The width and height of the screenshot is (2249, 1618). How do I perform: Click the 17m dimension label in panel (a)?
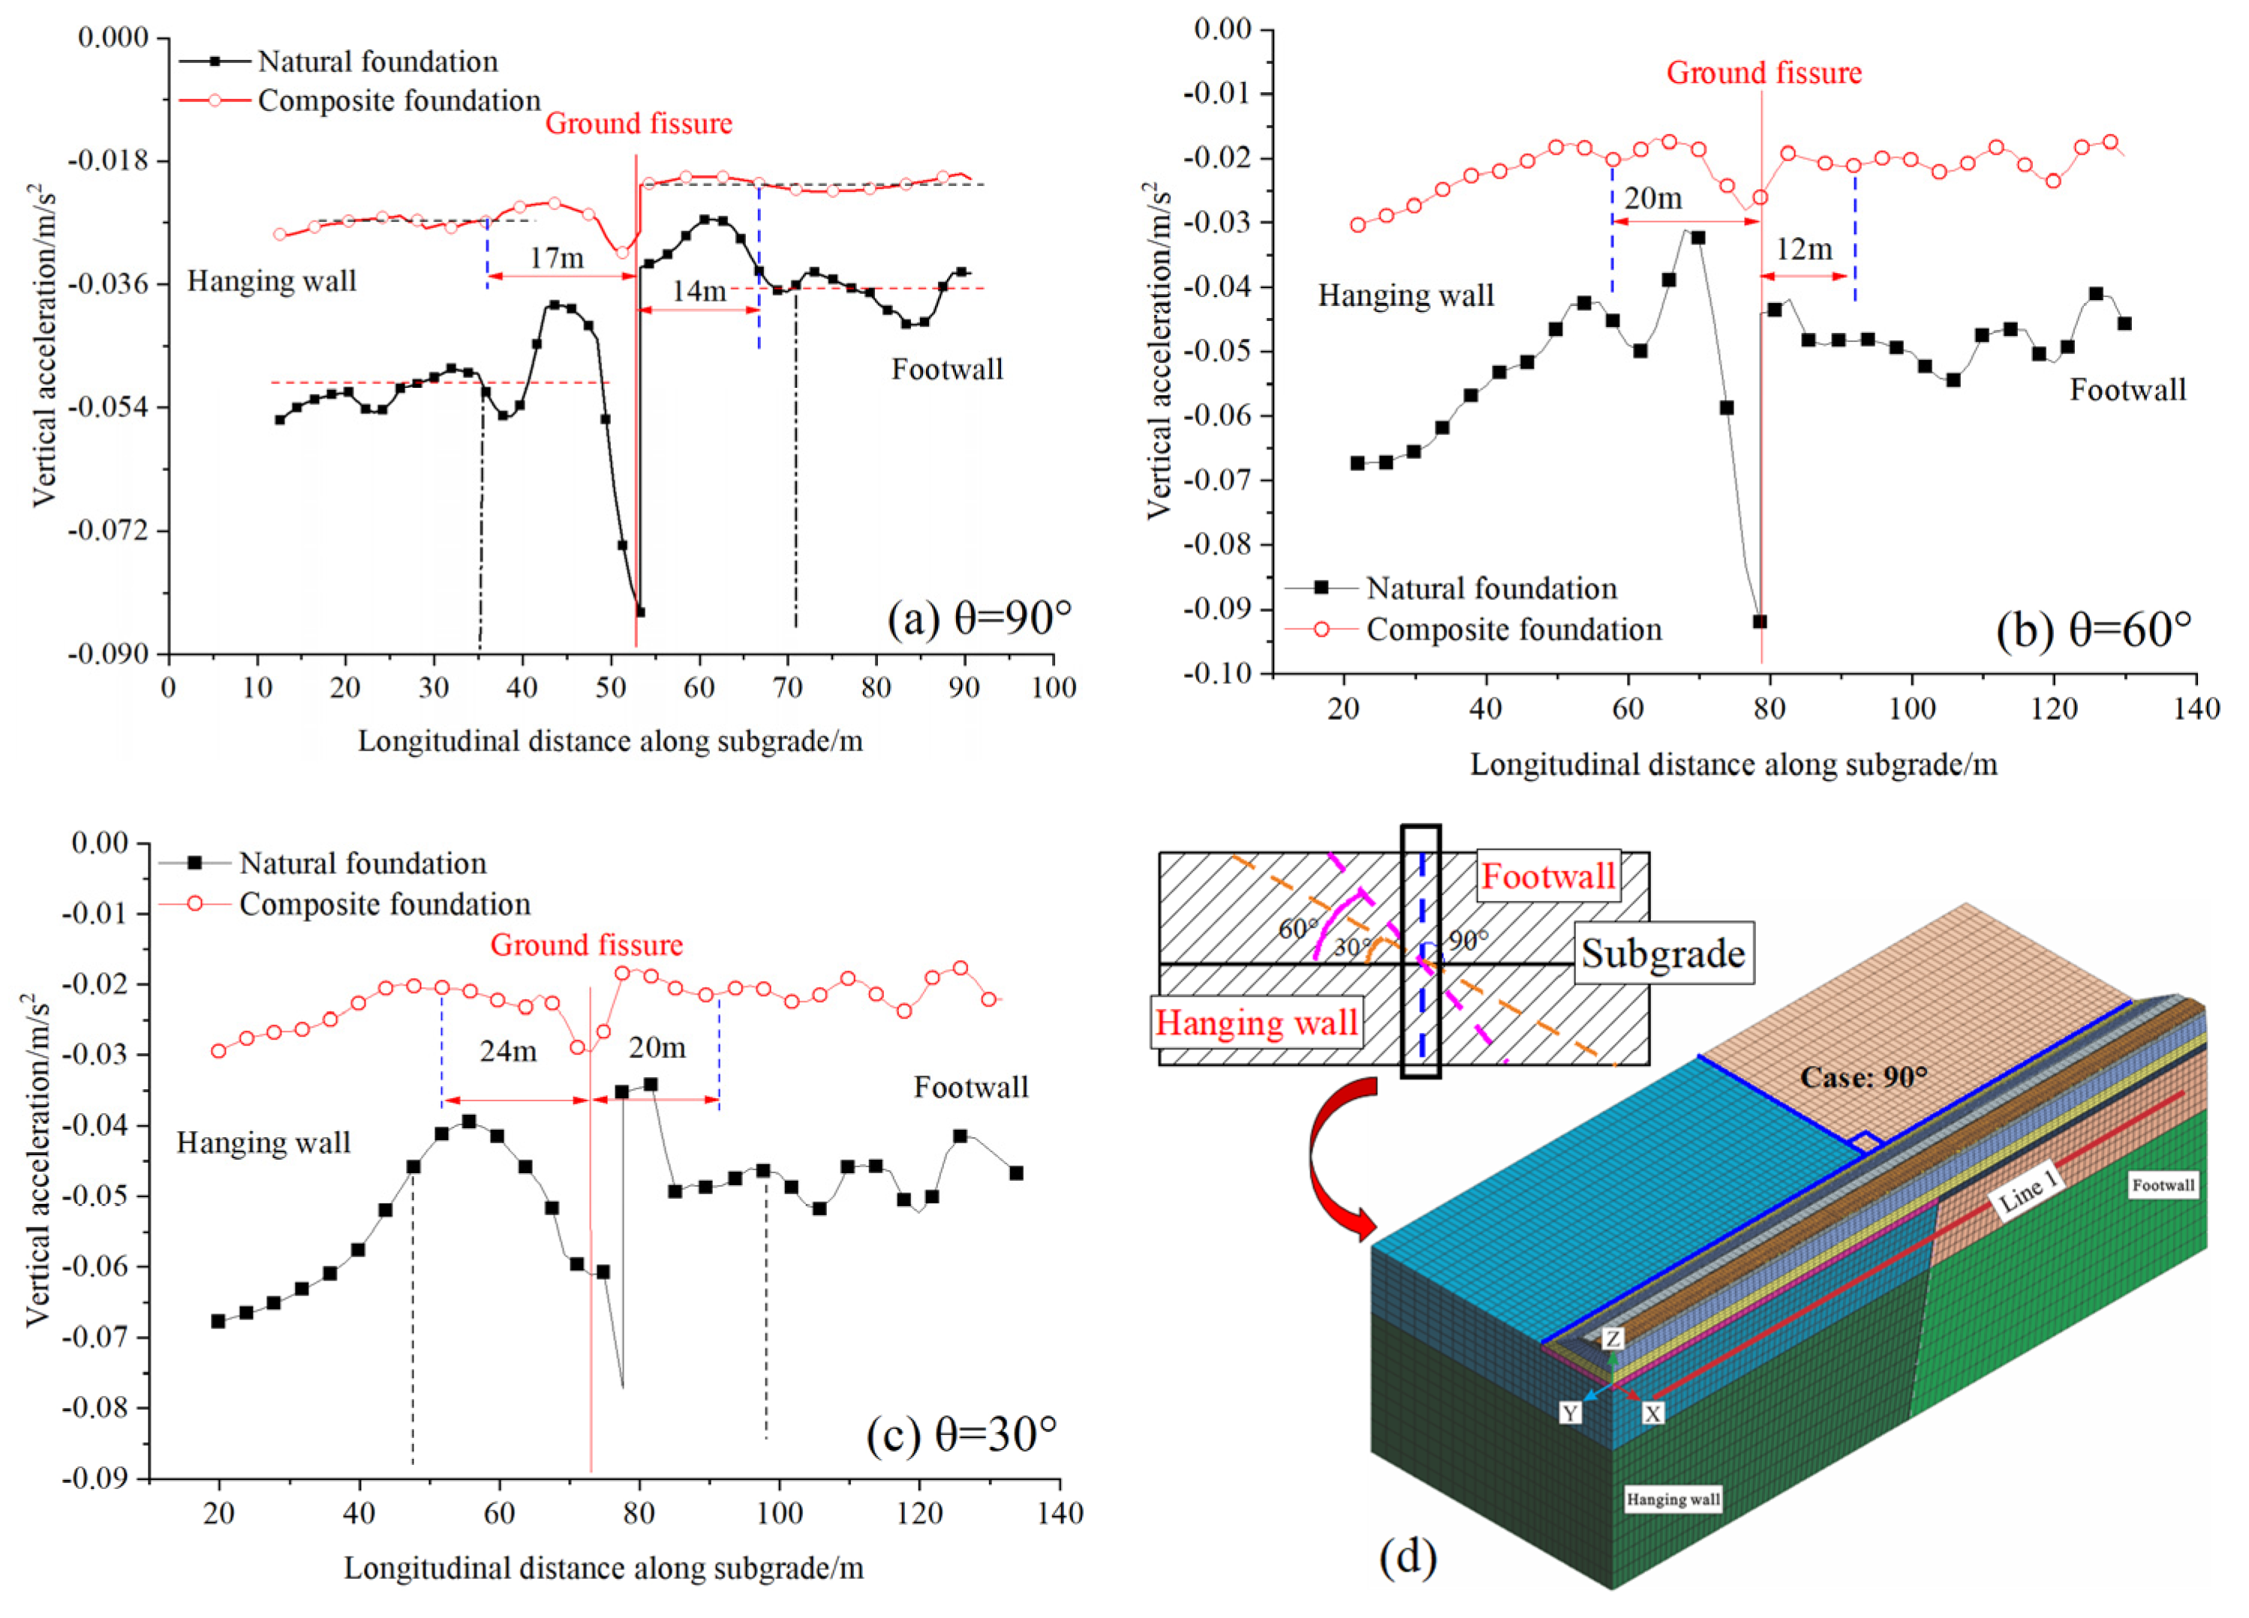(556, 258)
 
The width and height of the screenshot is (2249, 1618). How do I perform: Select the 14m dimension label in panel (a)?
(699, 290)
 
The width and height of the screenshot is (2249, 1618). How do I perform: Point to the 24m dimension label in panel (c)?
(509, 1050)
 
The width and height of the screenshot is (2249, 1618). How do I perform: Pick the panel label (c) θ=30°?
(962, 1433)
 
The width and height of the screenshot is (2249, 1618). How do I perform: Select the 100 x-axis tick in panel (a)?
(1052, 687)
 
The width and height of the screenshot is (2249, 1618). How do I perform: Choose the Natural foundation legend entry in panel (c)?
(362, 863)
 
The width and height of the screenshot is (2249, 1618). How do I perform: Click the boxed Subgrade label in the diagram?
(1663, 953)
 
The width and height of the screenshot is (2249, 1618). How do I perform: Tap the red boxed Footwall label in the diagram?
(1548, 875)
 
